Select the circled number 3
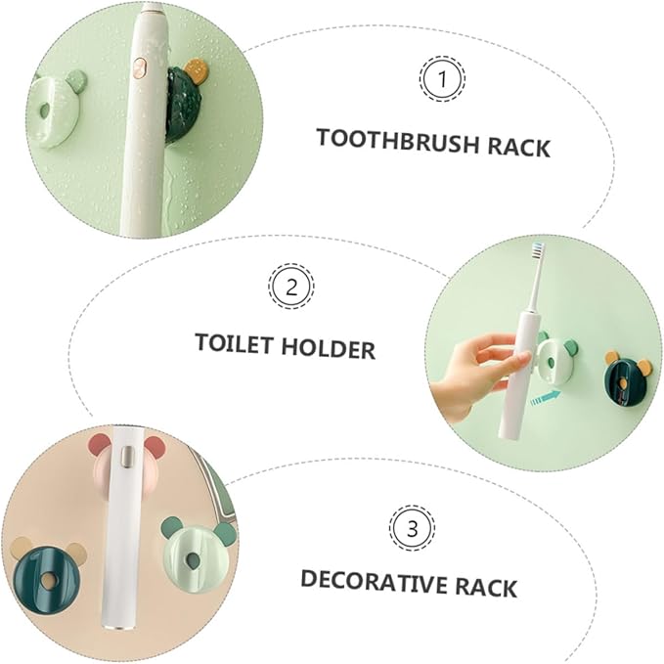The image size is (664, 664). [x=411, y=529]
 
